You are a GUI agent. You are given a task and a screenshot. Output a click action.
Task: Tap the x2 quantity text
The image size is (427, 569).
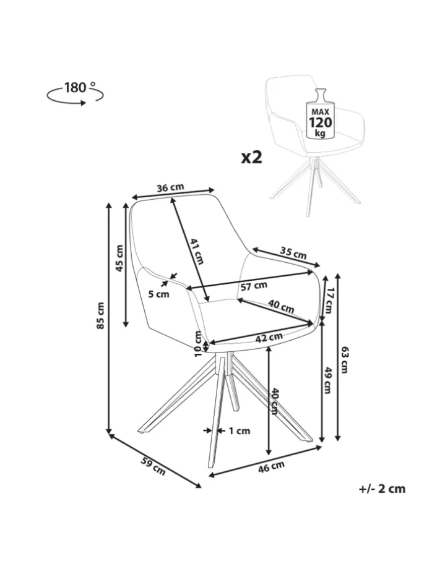pyautogui.click(x=252, y=157)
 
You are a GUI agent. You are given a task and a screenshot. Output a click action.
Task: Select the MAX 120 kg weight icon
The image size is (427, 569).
pyautogui.click(x=320, y=116)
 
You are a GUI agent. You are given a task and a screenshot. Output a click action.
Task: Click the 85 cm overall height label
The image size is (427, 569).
pyautogui.click(x=100, y=315)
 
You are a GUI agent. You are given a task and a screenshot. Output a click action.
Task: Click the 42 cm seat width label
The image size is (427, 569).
pyautogui.click(x=269, y=337)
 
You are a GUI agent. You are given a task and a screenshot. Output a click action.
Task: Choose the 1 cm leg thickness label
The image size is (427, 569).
pyautogui.click(x=239, y=431)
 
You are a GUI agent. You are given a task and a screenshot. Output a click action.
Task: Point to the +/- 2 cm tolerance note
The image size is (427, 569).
pyautogui.click(x=382, y=489)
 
